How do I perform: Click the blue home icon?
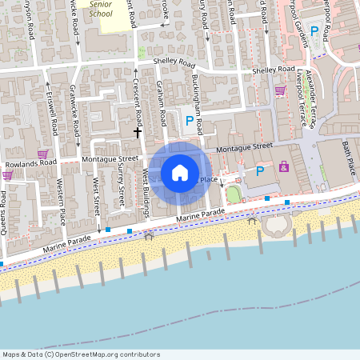(180, 172)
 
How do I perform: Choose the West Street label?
(95, 195)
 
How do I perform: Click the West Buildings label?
(147, 193)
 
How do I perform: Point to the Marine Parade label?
(201, 215)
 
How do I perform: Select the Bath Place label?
(349, 158)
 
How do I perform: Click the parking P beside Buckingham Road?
(190, 121)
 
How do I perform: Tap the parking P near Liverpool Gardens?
(314, 32)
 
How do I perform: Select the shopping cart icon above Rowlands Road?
(42, 153)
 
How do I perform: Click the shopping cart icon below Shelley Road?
(280, 90)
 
